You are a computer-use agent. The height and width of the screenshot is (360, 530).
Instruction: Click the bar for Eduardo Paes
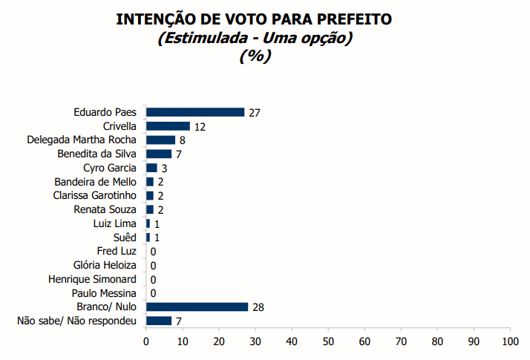tap(195, 112)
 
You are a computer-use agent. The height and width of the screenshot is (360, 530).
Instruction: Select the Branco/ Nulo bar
tap(197, 307)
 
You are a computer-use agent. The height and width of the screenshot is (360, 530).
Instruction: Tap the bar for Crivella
tap(168, 126)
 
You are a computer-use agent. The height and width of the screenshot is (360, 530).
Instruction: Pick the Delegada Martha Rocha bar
tap(160, 140)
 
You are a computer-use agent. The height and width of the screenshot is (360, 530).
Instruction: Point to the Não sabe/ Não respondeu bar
tap(159, 321)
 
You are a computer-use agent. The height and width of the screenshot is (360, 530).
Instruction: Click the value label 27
tap(255, 113)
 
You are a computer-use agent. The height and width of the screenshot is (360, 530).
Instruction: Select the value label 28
tap(258, 307)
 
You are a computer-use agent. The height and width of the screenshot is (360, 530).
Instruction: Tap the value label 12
tap(200, 127)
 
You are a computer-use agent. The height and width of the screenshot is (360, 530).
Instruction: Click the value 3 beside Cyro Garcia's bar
tap(164, 168)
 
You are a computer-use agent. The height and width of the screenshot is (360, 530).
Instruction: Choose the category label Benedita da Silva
tap(97, 154)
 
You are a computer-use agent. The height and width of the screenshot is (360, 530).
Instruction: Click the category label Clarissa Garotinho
tap(95, 196)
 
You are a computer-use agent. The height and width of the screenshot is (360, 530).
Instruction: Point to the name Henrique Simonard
tap(92, 279)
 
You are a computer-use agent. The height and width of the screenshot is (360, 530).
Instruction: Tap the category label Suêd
tap(125, 238)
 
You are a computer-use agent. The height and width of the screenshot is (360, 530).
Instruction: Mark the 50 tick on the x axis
tap(328, 341)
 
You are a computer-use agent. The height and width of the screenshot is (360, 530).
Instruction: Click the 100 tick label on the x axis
tap(510, 341)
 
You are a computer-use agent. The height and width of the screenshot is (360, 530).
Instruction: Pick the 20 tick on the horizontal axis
tap(219, 341)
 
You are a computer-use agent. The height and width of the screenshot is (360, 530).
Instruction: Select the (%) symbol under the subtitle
tap(255, 56)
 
